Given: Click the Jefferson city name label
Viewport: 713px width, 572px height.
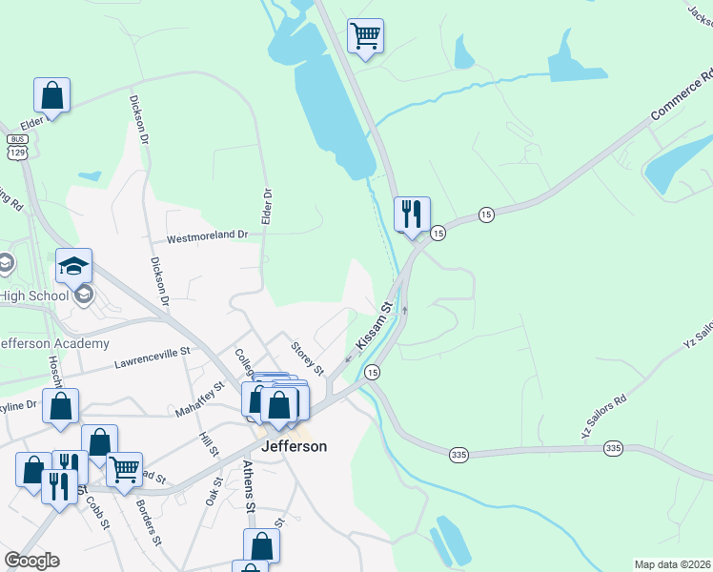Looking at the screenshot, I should click(x=293, y=446).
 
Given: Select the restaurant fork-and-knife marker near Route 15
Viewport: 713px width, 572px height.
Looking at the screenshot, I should click(x=412, y=214).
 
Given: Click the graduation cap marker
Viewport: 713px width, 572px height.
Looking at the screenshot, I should click(x=73, y=266).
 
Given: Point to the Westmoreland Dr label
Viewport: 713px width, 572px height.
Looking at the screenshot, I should click(x=207, y=235).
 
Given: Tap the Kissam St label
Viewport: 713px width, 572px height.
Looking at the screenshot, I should click(x=375, y=325).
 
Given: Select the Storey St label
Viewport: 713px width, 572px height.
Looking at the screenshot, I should click(x=308, y=357).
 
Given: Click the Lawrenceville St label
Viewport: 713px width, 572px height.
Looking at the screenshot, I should click(x=153, y=357).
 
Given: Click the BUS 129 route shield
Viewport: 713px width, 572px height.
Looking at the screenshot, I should click(x=16, y=146).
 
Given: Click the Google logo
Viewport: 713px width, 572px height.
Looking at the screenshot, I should click(x=31, y=561).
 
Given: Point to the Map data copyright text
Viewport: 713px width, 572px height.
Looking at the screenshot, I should click(x=672, y=564).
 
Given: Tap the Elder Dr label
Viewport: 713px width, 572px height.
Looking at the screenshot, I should click(x=267, y=206).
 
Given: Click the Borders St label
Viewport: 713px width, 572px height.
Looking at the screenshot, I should click(x=149, y=522).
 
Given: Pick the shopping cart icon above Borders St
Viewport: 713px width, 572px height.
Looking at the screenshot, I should click(x=124, y=469).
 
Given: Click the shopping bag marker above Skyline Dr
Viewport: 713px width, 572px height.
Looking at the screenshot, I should click(x=60, y=406).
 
